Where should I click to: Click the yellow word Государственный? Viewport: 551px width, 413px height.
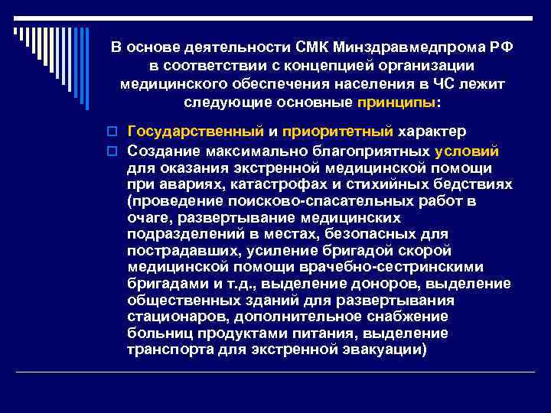tap(195, 132)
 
